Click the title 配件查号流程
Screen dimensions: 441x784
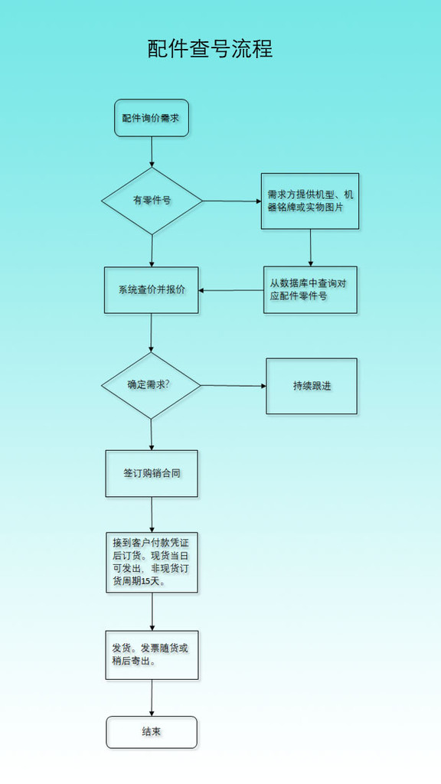(210, 49)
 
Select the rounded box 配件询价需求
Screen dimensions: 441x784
(152, 118)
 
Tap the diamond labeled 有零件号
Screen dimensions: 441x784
(152, 201)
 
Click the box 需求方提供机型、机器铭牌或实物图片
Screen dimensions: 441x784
(310, 201)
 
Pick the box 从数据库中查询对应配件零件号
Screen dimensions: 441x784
(311, 290)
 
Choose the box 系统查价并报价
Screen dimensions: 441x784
(152, 290)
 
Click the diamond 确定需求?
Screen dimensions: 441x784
(151, 386)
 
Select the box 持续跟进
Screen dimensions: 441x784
(312, 386)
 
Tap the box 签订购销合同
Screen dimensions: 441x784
(152, 473)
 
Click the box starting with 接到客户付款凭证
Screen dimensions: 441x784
(152, 563)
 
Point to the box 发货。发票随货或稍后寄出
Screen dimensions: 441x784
(152, 655)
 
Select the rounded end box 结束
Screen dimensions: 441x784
(152, 732)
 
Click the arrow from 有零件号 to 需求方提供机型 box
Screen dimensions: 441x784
(232, 201)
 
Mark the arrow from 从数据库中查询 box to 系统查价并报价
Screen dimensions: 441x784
(231, 290)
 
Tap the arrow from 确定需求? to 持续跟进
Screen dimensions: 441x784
(234, 386)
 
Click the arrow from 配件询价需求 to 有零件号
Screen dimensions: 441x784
(152, 152)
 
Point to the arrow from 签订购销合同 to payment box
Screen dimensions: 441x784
(152, 515)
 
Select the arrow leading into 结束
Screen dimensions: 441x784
(152, 698)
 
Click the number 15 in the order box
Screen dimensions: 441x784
(146, 582)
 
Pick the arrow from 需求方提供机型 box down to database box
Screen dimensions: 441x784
(311, 248)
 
